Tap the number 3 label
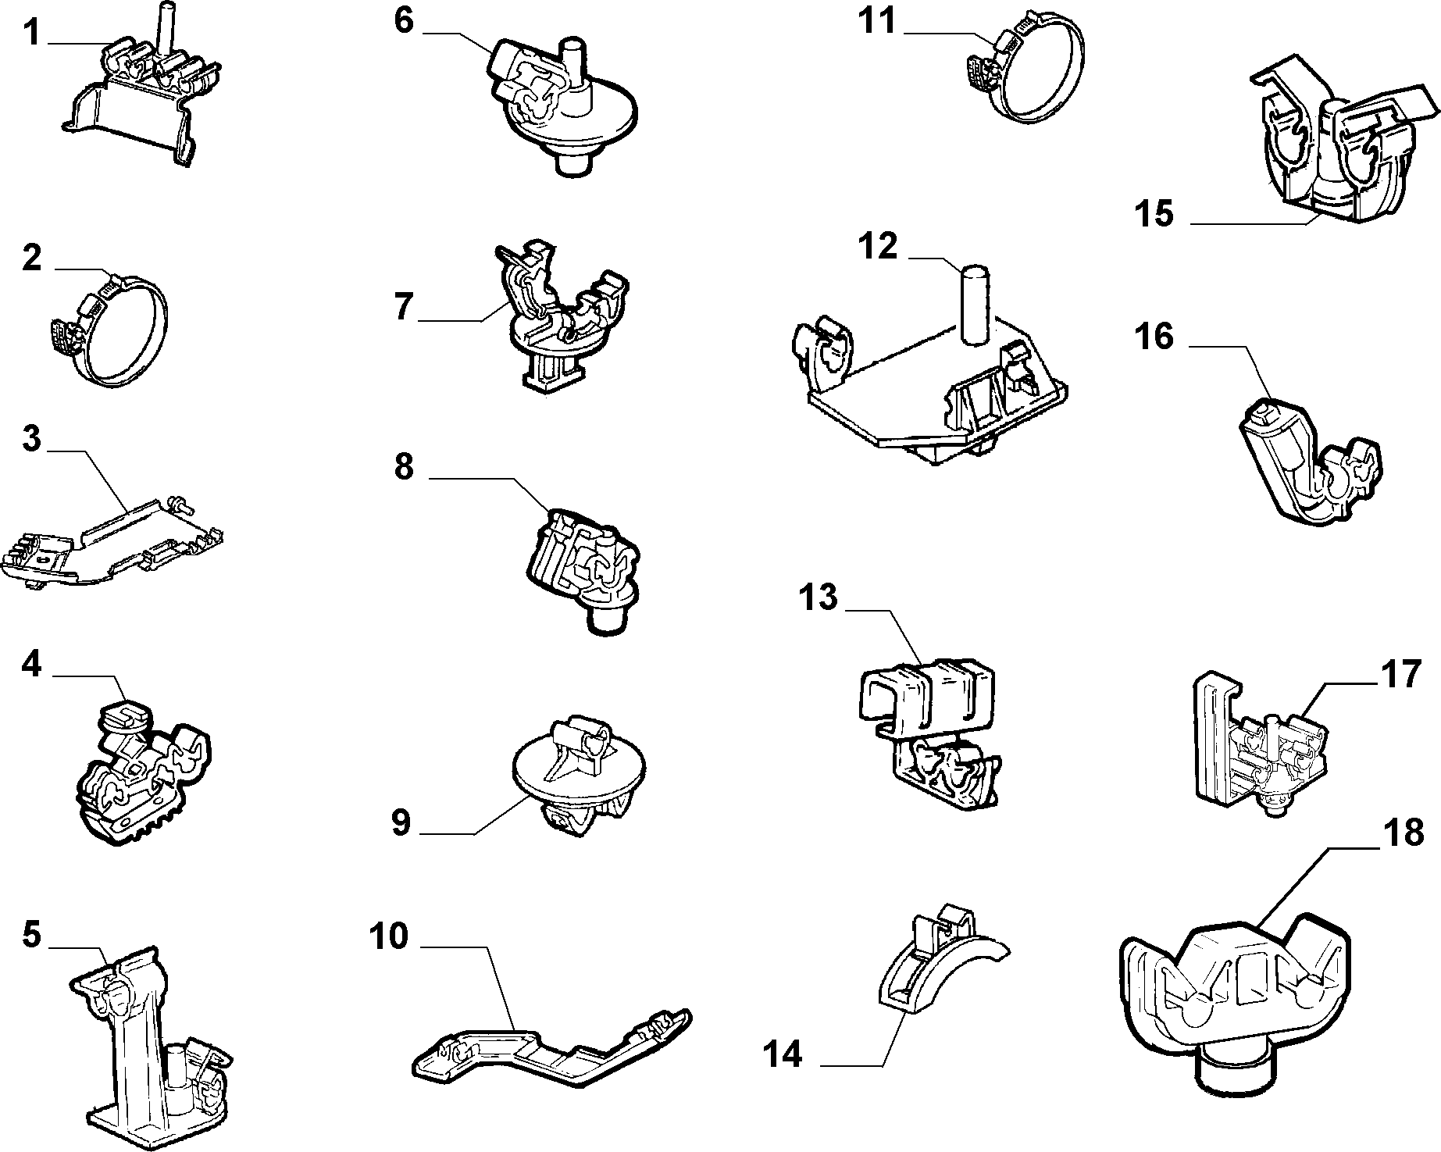click(x=31, y=440)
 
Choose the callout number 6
click(x=403, y=21)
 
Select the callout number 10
click(x=389, y=936)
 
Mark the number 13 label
click(x=817, y=597)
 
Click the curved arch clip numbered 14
click(x=938, y=958)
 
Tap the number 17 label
click(x=1401, y=674)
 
